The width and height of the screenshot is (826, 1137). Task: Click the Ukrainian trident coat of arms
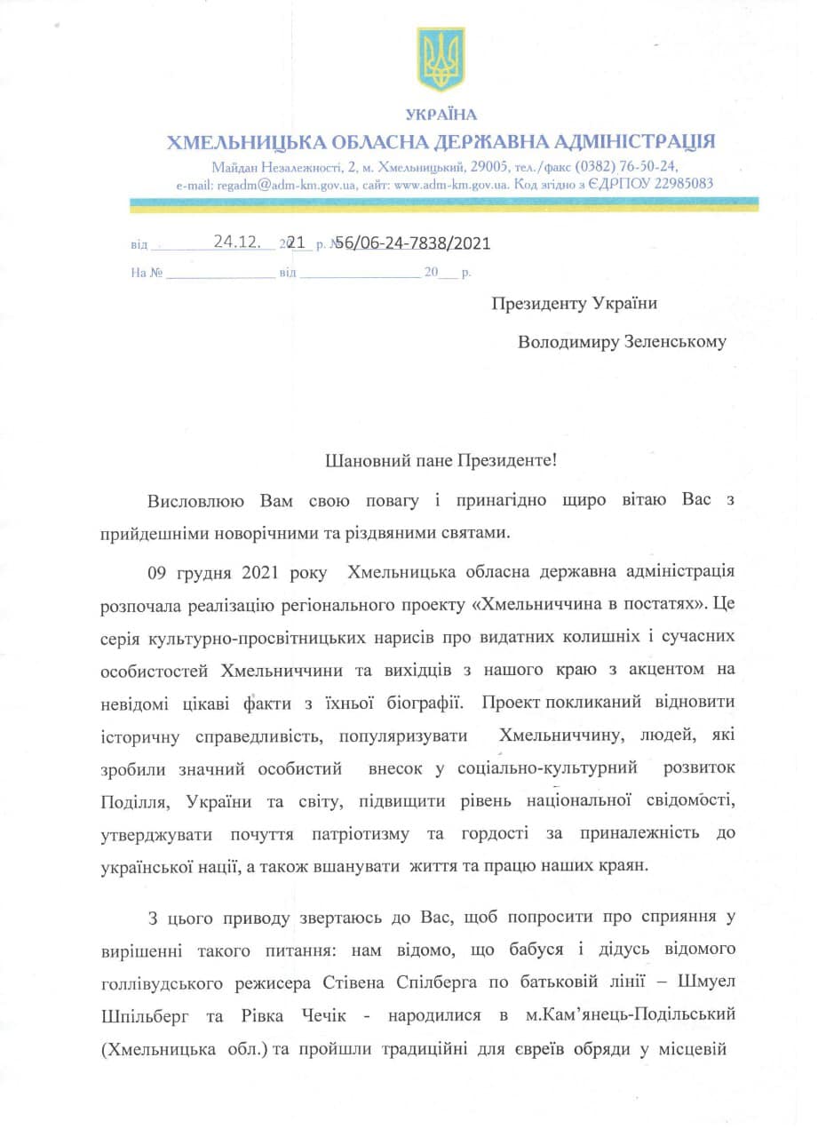441,60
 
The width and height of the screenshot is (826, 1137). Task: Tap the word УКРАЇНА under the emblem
441,115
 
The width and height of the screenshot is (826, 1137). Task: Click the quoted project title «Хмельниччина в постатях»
588,604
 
